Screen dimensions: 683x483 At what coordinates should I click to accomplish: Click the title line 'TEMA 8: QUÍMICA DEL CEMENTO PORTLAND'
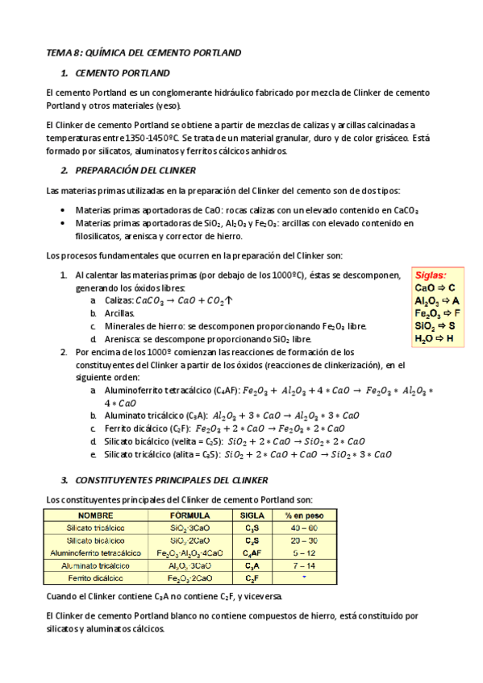click(143, 52)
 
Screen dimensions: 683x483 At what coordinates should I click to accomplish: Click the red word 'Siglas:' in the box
click(430, 275)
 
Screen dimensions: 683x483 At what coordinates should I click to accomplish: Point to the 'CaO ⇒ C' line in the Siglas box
click(435, 288)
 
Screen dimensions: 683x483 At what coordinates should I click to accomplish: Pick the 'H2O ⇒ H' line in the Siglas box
click(434, 339)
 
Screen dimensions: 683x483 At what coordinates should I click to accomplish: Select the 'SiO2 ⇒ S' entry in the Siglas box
click(435, 326)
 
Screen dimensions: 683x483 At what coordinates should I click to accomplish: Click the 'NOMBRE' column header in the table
click(94, 515)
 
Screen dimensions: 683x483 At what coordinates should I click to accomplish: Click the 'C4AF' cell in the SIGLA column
click(252, 553)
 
